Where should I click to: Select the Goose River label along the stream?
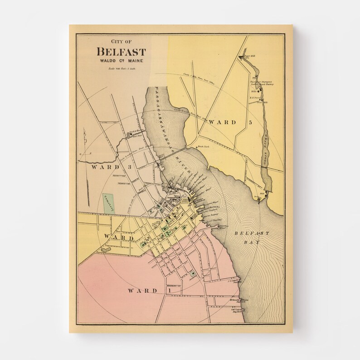pyautogui.click(x=266, y=145)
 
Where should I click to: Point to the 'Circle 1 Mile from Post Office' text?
pyautogui.click(x=199, y=80)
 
